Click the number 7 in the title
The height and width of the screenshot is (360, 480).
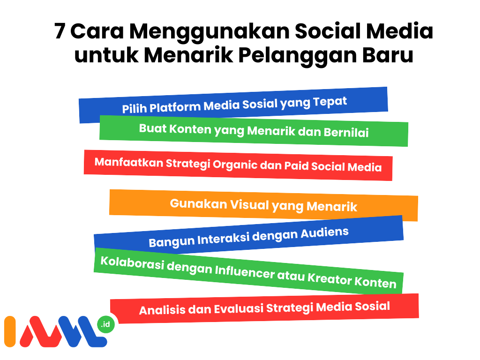coord(60,31)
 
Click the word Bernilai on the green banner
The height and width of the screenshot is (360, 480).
coord(346,133)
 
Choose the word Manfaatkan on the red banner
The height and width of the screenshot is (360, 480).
coord(129,162)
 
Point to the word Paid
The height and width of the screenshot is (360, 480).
coord(296,166)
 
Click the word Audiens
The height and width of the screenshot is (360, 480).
coord(324,233)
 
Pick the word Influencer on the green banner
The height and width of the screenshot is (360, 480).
coord(245,272)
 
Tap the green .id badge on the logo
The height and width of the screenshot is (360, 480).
coord(105,324)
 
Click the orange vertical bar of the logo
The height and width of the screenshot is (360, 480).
coord(10,331)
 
